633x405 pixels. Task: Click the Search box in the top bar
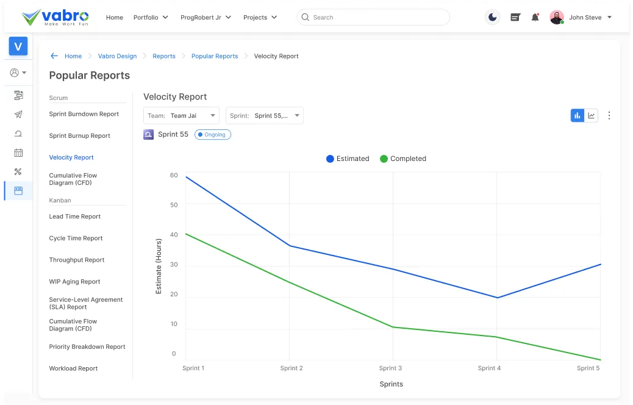coord(373,18)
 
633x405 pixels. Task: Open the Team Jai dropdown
coord(182,116)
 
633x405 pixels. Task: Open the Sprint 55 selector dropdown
coord(264,116)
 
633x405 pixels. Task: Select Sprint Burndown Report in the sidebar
coord(84,114)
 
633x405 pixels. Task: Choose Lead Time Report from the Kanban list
coord(75,217)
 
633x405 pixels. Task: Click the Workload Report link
coord(74,368)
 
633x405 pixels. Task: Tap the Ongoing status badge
coord(213,135)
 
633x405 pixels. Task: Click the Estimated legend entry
coord(348,159)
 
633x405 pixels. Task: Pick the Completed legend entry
coord(402,159)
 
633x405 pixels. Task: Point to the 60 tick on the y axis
coord(174,176)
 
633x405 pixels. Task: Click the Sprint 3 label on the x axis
coord(390,368)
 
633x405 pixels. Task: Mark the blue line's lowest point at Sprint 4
coord(497,298)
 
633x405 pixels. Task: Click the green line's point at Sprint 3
coord(393,327)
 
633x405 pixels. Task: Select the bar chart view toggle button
coord(577,115)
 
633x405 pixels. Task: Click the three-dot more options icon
coord(609,115)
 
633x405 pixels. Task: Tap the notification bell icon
coord(535,18)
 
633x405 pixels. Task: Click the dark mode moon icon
coord(492,18)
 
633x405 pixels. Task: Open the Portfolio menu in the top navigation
coord(151,18)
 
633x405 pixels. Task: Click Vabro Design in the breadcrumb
coord(117,56)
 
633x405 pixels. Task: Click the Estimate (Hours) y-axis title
coord(159,267)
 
